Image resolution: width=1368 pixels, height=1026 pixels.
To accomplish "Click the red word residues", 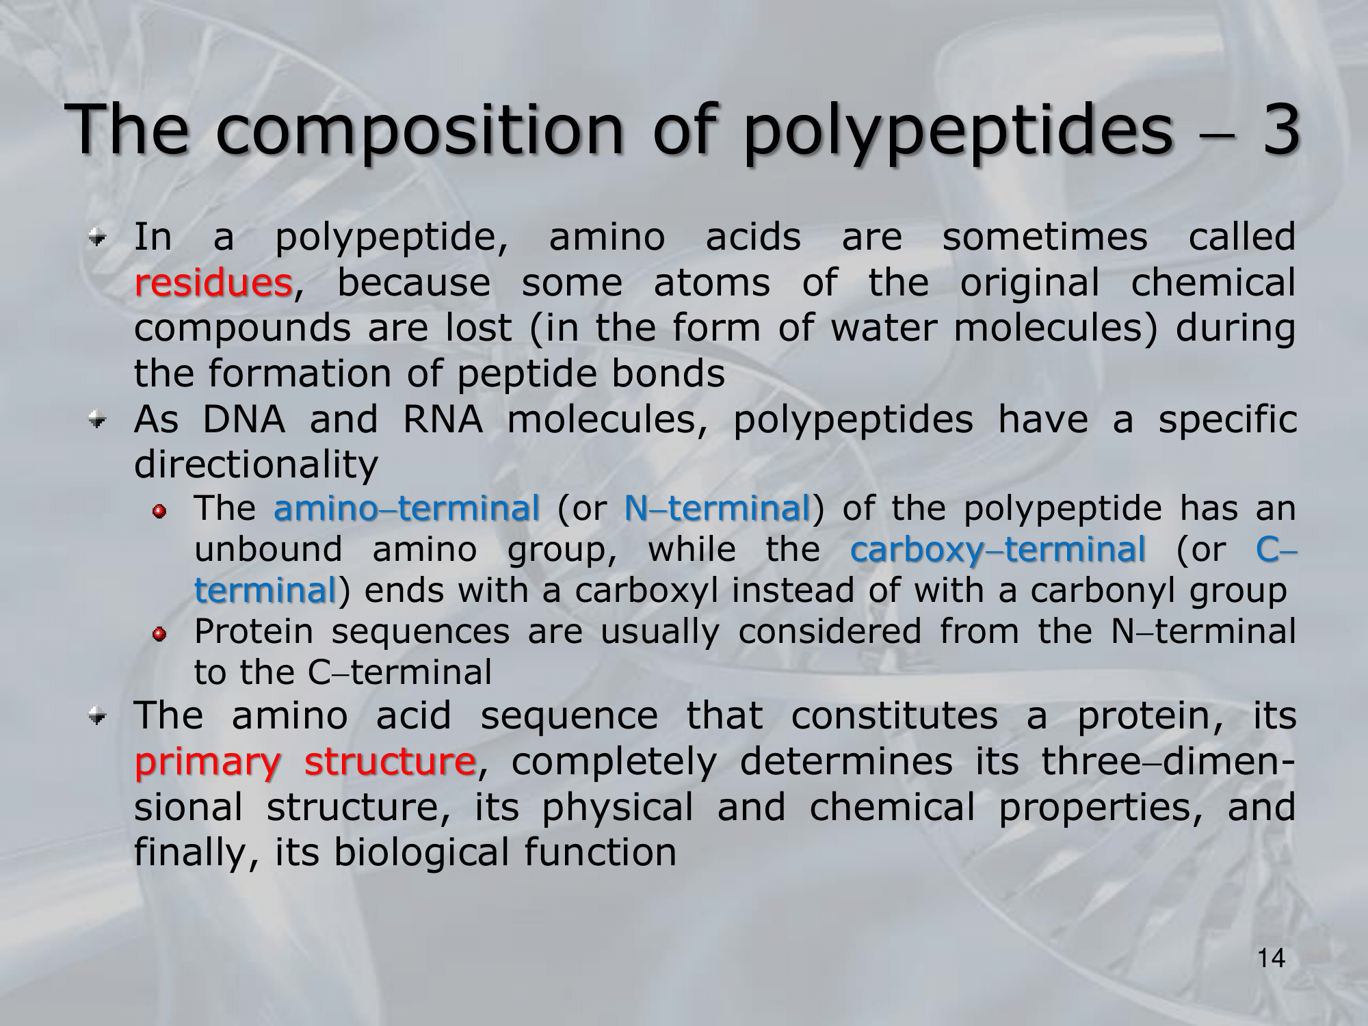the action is point(213,283).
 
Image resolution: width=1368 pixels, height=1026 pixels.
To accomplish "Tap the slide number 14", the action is point(1271,958).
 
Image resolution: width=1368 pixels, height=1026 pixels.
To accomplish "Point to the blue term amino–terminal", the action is point(406,508).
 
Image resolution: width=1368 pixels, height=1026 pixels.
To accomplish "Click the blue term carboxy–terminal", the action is point(998,550).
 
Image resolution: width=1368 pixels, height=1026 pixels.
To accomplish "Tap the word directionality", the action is point(256,465).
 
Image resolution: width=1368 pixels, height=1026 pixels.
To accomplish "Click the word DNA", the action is point(244,419).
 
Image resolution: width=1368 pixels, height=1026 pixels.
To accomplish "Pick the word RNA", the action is point(443,419).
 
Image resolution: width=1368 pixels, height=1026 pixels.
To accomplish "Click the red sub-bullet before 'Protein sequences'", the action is point(159,635).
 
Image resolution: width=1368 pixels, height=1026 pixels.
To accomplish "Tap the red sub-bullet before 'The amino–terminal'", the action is point(159,512).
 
